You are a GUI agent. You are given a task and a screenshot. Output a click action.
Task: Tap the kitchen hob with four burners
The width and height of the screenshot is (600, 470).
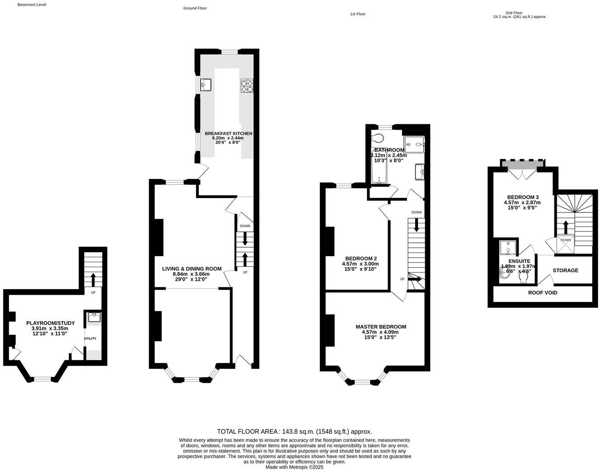coord(247,85)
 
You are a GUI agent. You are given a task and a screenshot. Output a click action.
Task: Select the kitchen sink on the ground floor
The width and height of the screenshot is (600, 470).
coord(206,85)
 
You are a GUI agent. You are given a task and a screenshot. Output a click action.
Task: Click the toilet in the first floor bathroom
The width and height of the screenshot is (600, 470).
coord(377,138)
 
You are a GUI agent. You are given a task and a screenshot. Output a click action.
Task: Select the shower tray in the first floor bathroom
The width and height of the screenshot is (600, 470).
coord(414,144)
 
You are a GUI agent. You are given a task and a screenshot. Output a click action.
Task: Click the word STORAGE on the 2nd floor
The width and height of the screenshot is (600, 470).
coord(565,270)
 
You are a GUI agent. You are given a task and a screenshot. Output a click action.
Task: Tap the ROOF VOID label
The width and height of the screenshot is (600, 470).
coord(543,292)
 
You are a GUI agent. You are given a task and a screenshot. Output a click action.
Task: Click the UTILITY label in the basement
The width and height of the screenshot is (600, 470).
coord(90,338)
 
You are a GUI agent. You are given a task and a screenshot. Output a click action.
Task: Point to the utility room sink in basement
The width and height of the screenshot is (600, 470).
coord(94,317)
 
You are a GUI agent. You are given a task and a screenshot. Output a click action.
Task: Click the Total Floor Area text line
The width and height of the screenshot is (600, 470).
coord(294,432)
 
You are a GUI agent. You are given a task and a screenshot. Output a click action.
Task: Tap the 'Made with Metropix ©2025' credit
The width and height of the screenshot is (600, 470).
coord(294,467)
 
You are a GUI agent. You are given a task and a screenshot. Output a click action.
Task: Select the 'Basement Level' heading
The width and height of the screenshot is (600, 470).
coord(32,5)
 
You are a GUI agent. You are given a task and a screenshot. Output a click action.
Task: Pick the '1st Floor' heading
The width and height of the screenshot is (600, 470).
coord(357,14)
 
